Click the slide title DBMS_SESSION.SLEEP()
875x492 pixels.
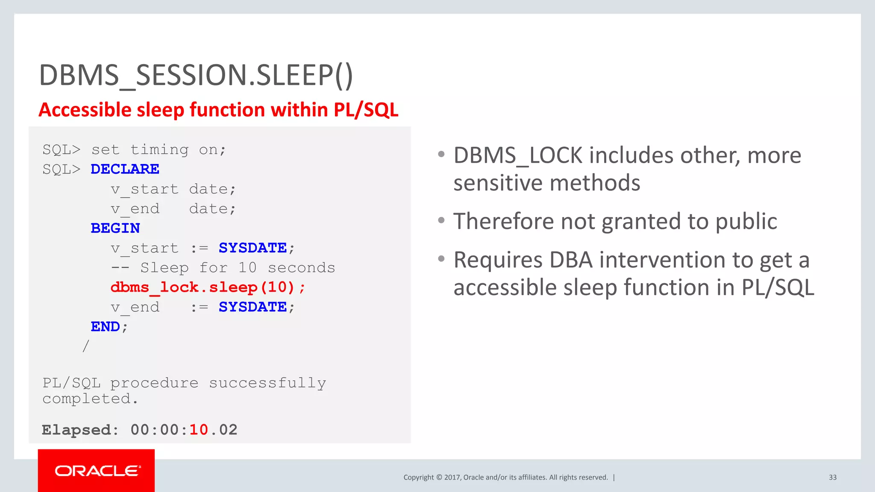196,75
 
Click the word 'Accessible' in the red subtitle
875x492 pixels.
85,110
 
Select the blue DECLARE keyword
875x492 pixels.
125,169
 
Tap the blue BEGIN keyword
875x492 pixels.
115,228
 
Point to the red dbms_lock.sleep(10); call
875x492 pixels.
208,287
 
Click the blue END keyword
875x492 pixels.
105,327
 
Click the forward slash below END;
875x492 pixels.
86,346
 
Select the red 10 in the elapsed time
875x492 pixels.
199,430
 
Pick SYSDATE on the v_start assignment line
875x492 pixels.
253,248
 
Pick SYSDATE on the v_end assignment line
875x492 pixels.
253,307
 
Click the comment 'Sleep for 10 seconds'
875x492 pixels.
238,268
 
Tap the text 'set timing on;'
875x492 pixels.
159,149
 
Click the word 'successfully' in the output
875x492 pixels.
267,383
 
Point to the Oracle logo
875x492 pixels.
97,471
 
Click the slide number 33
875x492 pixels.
833,477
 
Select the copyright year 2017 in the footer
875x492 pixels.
452,477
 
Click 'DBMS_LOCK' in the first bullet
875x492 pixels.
518,155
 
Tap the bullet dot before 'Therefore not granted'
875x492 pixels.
441,220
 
